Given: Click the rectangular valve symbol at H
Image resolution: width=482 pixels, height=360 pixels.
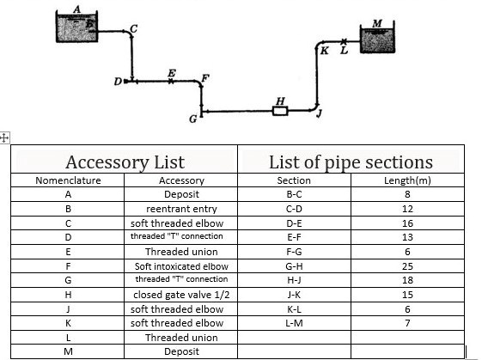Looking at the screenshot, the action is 280,111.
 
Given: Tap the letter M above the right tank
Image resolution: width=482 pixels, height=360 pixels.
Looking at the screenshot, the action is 377,24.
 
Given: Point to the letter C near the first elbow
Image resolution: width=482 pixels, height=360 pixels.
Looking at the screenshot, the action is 134,28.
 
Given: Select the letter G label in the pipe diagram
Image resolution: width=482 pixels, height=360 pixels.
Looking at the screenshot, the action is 193,119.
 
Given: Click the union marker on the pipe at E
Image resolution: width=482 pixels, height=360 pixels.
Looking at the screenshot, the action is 171,81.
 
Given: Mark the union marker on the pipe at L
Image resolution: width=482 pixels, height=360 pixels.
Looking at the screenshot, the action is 344,41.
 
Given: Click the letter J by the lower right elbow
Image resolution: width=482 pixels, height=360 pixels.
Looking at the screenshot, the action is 320,113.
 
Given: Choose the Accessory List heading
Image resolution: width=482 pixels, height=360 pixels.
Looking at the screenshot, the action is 125,162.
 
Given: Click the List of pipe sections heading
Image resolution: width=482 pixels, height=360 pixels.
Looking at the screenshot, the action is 351,162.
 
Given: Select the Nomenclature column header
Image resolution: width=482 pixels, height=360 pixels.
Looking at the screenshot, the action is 68,180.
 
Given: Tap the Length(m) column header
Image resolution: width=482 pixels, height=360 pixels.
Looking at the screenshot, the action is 407,180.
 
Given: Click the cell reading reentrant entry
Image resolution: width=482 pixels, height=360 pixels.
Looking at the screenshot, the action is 181,209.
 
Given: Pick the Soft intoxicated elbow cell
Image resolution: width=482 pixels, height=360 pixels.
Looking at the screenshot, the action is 181,266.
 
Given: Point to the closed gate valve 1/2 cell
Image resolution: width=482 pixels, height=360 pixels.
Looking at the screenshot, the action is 181,295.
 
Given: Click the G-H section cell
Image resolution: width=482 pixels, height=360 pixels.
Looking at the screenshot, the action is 294,266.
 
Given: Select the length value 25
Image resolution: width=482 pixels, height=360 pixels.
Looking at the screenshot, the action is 407,266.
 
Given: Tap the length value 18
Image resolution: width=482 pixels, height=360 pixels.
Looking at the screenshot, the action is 407,280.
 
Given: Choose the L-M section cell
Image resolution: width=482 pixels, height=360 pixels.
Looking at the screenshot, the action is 294,323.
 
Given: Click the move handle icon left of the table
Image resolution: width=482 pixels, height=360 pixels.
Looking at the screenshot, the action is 4,137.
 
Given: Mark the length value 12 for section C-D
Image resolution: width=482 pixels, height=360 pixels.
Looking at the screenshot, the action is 407,209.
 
